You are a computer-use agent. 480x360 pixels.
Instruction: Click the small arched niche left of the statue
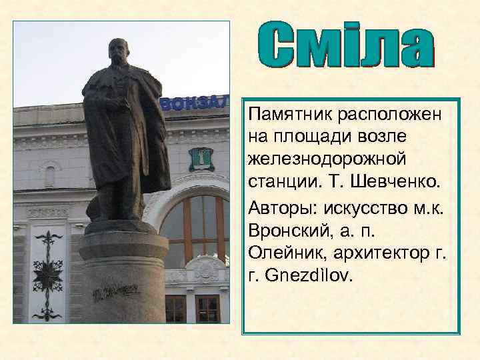pyautogui.click(x=50, y=175)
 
